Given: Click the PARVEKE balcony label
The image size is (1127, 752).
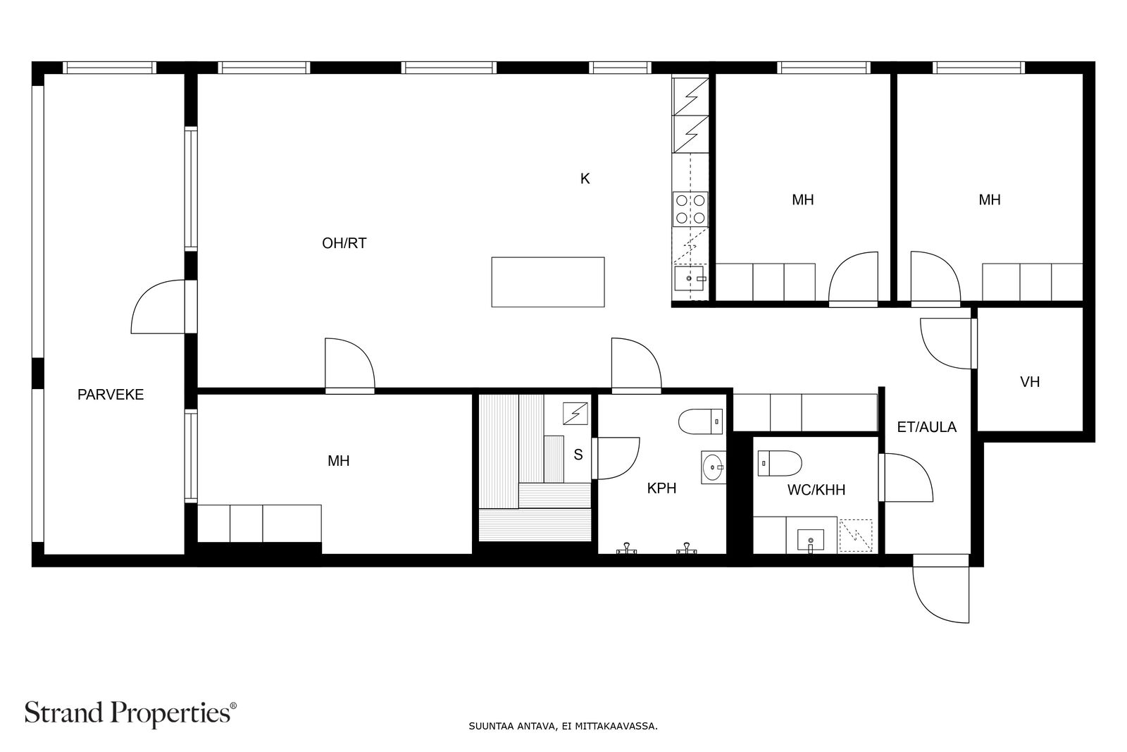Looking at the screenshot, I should coord(111,395).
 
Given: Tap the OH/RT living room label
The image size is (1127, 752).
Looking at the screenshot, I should coord(344,243).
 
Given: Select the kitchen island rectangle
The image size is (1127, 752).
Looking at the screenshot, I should coord(547,282).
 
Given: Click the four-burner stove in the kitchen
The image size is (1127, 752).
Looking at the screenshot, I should coord(690,209).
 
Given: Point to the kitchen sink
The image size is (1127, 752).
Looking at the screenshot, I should coord(690,279).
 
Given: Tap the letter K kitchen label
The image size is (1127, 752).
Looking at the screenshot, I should coord(585,179).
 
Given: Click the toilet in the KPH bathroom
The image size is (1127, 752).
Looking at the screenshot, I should coord(700,422).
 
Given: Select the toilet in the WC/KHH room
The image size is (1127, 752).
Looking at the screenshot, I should coord(780,463).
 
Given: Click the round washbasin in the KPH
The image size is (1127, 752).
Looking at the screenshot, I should coord(714,467).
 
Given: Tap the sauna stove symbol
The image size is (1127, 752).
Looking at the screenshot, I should coord(575,414).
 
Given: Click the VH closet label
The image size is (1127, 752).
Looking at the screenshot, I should coord(1030,382).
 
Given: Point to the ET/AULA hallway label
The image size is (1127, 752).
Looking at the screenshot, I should coord(926,427).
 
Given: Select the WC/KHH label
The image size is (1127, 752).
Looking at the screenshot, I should coord(816,490).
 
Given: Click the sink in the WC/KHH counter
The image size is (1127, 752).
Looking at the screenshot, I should coord(810,541).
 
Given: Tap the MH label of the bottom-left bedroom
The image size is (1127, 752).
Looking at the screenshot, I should coord(338,461).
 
